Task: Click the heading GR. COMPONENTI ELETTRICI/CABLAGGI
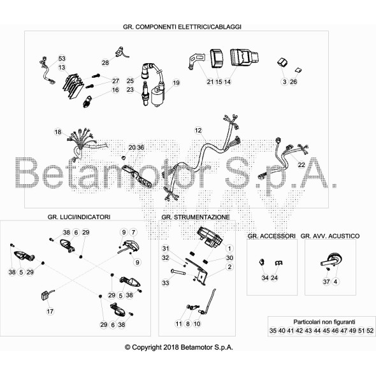185,27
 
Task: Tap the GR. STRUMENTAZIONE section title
196,217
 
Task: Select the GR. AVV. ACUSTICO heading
330,236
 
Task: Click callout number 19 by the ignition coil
176,82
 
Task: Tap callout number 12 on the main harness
198,130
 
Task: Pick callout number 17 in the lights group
50,312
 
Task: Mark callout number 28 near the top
105,62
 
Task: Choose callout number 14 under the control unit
228,82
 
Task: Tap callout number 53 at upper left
62,58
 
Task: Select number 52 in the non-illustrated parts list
370,331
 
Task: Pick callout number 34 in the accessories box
265,278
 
